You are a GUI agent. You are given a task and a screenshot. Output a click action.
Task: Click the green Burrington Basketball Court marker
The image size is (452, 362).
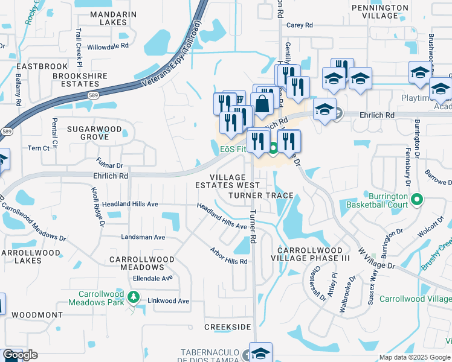coord(416,199)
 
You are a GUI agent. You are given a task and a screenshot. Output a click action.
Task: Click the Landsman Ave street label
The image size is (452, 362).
coord(143,238)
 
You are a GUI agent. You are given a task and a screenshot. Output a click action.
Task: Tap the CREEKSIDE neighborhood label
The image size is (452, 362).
coord(227,326)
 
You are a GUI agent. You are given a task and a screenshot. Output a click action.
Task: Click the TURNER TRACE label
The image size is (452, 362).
coord(261,196)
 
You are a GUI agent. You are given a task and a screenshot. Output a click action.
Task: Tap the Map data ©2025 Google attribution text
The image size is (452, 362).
coord(414,357)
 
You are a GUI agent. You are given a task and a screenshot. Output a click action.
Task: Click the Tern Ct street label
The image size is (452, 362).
coord(38,148)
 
